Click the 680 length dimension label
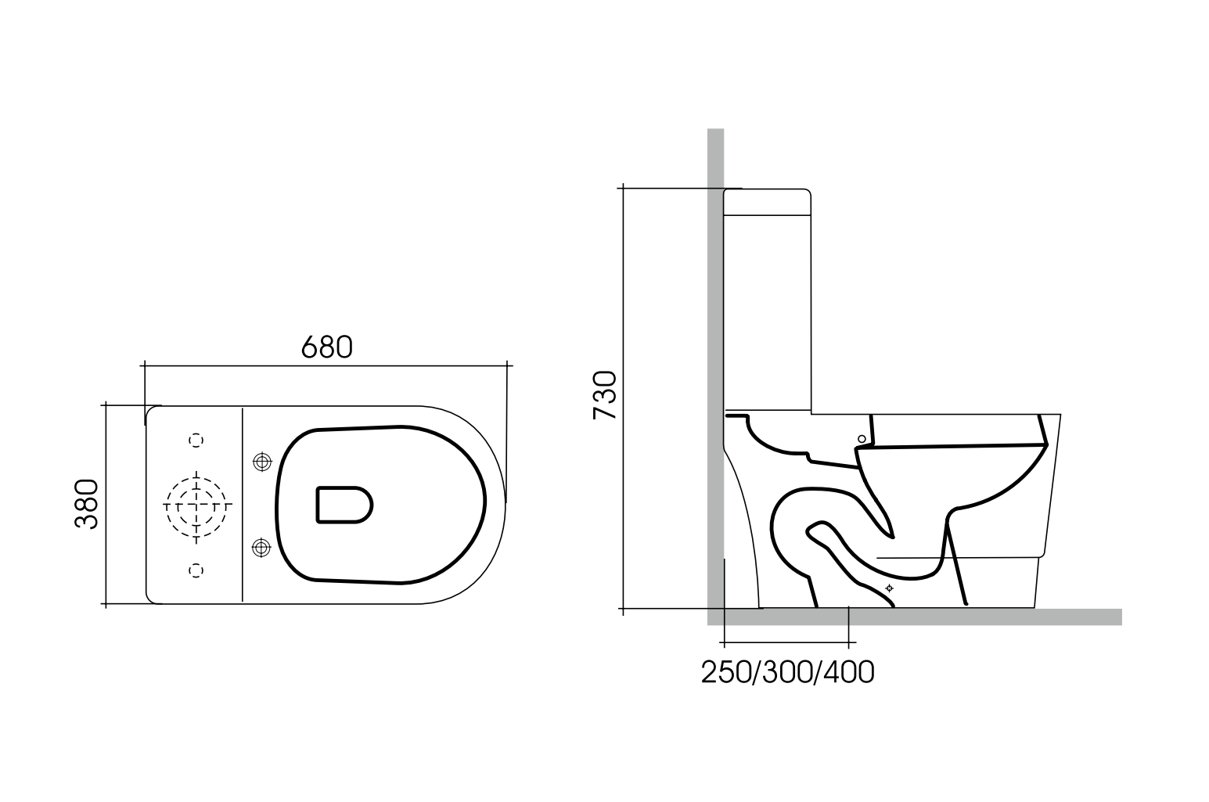click(x=327, y=347)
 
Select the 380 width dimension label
click(x=87, y=505)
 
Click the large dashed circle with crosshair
click(x=196, y=505)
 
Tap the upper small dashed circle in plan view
click(x=196, y=441)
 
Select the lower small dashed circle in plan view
click(x=196, y=570)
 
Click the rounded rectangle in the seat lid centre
click(x=344, y=505)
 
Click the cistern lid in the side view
click(x=766, y=202)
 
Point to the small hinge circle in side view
click(x=862, y=439)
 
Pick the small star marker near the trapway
click(x=888, y=588)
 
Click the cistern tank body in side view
click(x=767, y=313)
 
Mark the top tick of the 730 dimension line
click(x=623, y=189)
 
